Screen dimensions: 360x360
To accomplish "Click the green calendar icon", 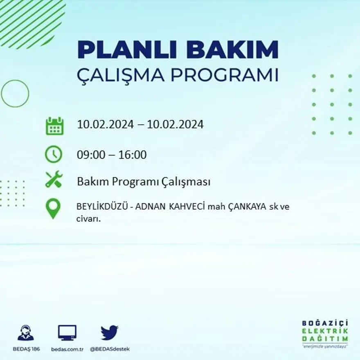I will pos(54,126).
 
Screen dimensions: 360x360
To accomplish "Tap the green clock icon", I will pos(54,155).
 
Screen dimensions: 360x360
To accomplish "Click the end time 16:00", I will pos(132,155).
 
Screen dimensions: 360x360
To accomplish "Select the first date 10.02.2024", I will pos(105,124).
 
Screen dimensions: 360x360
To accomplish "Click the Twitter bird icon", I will pos(109,332).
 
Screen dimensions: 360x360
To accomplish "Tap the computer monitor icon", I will pos(67,333).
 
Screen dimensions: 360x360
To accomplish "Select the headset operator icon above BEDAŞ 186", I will pos(25,333).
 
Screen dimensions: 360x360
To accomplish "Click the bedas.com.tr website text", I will pos(67,349).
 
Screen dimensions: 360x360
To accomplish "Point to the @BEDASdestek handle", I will pos(109,349).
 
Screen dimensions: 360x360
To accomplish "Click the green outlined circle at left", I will pos(15,94).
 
